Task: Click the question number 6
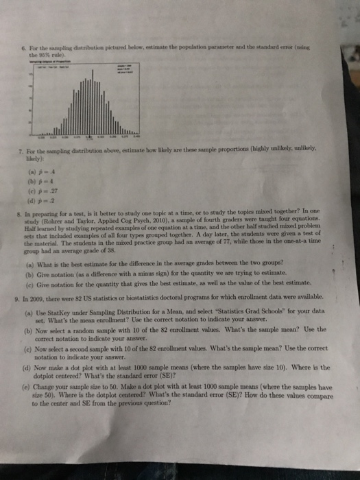tap(25, 43)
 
